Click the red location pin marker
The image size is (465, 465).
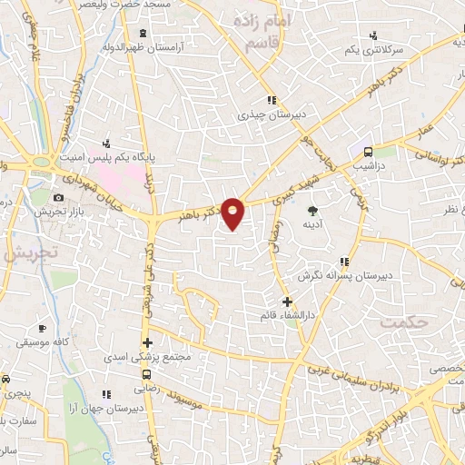tap(233, 213)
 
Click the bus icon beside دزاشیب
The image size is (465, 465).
tap(368, 153)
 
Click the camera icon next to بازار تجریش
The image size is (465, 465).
tap(59, 198)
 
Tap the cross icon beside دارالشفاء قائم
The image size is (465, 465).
tap(288, 302)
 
